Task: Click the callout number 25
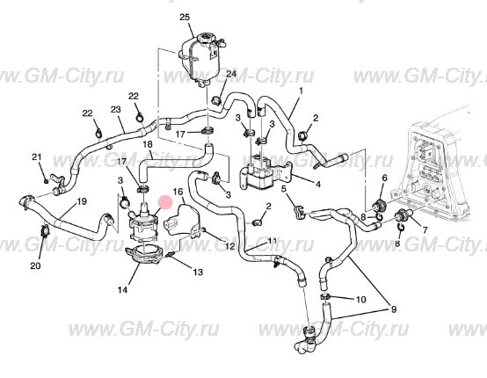(185, 17)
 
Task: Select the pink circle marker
(165, 203)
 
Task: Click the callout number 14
(122, 290)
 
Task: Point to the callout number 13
(198, 273)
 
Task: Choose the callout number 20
(35, 265)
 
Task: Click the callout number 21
(37, 156)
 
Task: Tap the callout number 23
(115, 110)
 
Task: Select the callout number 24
(231, 74)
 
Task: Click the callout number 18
(148, 144)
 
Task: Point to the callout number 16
(178, 192)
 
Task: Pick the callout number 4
(317, 185)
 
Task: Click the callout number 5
(285, 188)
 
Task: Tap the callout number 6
(384, 178)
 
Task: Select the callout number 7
(425, 230)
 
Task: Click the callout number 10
(360, 300)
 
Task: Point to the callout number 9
(394, 309)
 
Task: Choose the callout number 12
(230, 246)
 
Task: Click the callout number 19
(82, 201)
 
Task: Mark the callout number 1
(301, 91)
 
